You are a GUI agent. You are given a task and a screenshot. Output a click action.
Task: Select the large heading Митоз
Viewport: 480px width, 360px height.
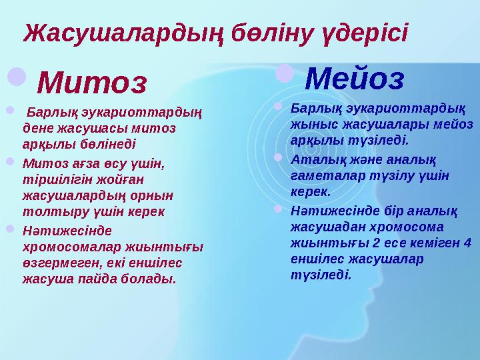(91, 83)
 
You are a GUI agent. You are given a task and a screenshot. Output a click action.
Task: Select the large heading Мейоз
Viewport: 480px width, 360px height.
(354, 79)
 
